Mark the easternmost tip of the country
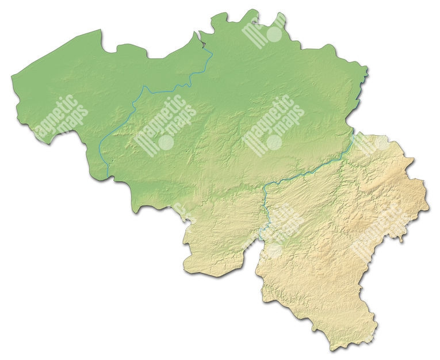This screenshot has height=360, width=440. click(x=429, y=208)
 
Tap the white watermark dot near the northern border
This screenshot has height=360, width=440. click(x=275, y=35)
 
